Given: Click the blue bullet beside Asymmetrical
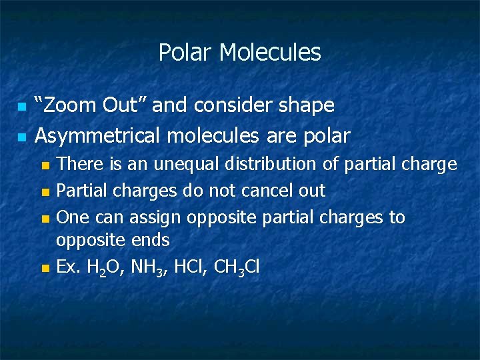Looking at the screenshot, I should [x=21, y=137].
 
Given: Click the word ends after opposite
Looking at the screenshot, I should [x=151, y=240].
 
